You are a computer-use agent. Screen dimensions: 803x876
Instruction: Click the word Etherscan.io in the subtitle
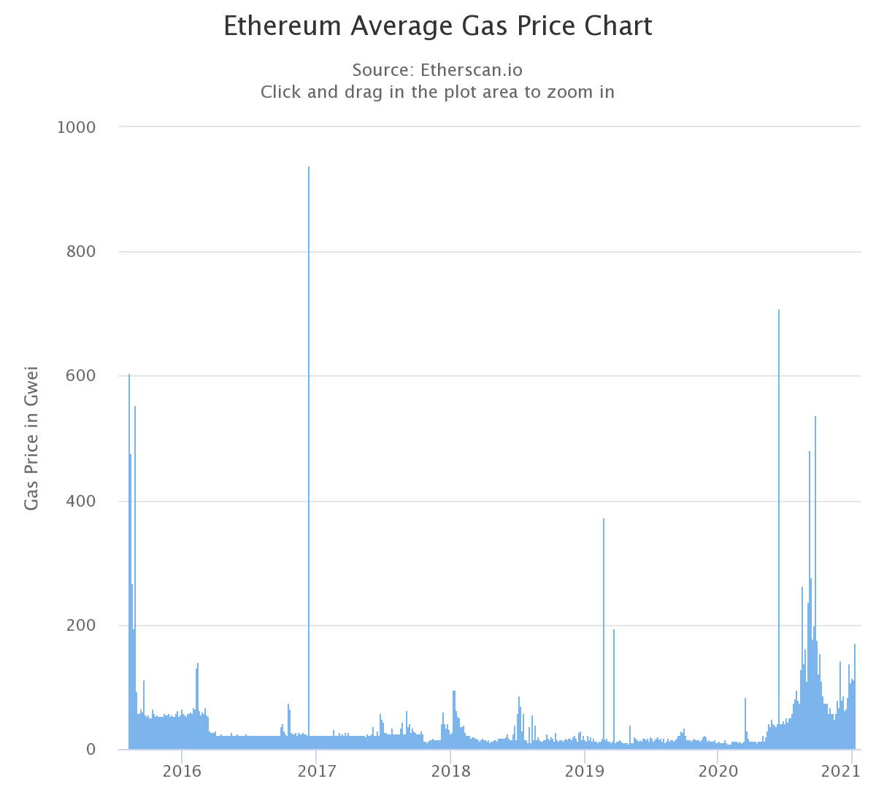click(x=471, y=70)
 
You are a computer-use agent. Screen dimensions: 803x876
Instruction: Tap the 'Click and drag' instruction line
click(x=437, y=92)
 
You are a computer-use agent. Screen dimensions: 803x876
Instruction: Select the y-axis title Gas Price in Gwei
click(x=31, y=438)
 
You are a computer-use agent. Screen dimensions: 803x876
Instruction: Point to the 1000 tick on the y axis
click(x=76, y=127)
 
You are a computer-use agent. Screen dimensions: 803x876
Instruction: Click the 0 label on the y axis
click(x=91, y=750)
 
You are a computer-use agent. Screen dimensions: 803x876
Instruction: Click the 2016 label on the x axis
click(x=182, y=772)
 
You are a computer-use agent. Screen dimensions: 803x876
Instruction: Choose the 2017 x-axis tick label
click(x=316, y=772)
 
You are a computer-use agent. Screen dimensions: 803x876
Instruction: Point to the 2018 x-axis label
click(x=450, y=772)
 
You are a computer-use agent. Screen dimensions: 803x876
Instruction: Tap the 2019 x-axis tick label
click(x=584, y=772)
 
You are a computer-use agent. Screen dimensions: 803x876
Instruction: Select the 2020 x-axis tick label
click(x=718, y=772)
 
